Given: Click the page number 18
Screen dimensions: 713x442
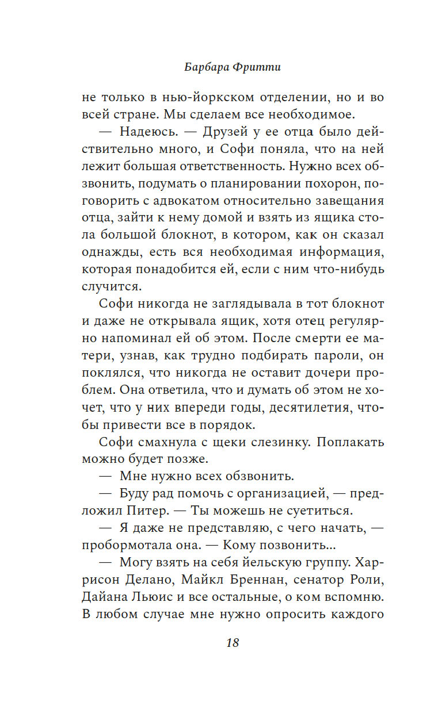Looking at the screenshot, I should pyautogui.click(x=233, y=643).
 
